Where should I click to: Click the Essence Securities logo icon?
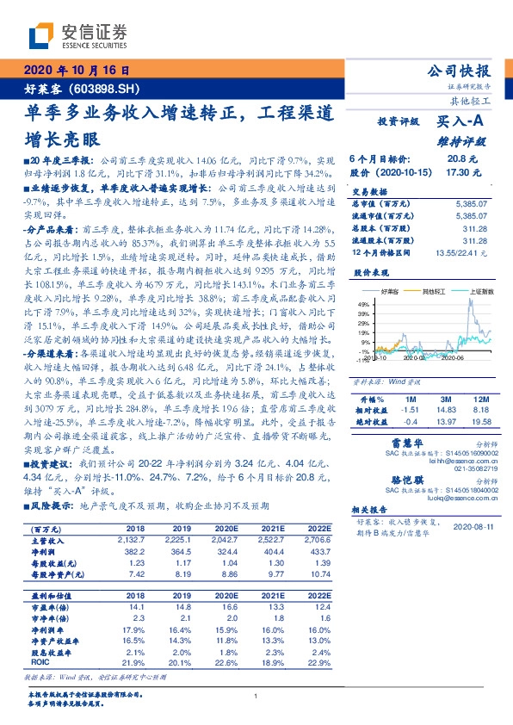click(x=40, y=35)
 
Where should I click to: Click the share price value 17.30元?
click(x=457, y=172)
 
